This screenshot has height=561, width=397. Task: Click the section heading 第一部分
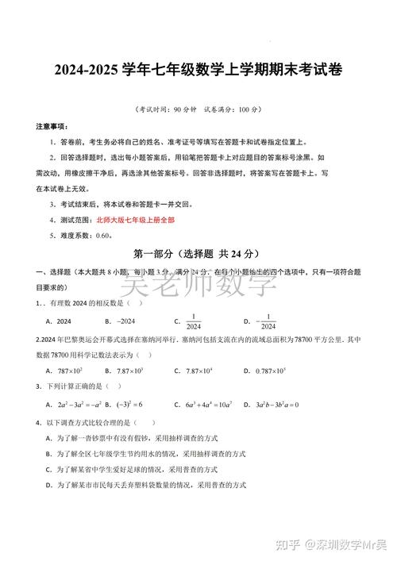(x=155, y=254)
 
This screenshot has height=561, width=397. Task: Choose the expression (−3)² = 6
(x=130, y=405)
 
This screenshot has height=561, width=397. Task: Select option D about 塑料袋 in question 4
(x=147, y=484)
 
